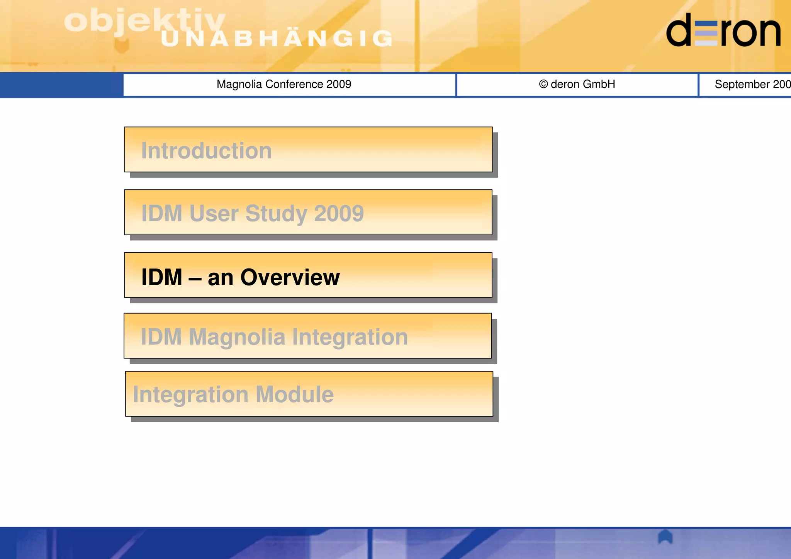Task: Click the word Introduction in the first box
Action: pyautogui.click(x=206, y=151)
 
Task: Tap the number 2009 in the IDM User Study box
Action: pyautogui.click(x=339, y=213)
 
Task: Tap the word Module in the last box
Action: pyautogui.click(x=294, y=394)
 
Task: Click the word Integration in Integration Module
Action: pyautogui.click(x=190, y=395)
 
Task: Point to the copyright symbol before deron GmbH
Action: pyautogui.click(x=543, y=84)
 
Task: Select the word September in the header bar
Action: pyautogui.click(x=742, y=84)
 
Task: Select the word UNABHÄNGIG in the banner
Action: pyautogui.click(x=276, y=39)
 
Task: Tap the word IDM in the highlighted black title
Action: pyautogui.click(x=161, y=277)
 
